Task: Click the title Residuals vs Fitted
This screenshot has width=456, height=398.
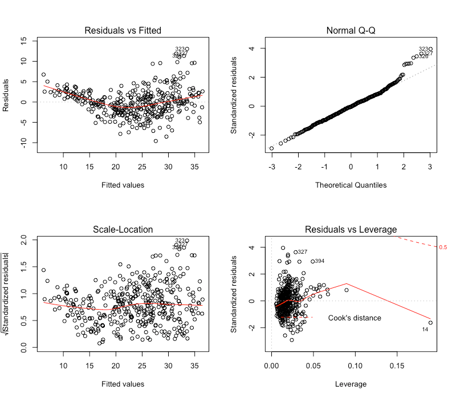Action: (123, 30)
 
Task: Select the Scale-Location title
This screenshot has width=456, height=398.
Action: (123, 229)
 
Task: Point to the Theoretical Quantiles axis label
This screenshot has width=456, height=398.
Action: (351, 184)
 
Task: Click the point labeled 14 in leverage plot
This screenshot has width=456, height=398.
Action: (430, 323)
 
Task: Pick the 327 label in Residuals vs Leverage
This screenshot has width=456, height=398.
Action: (303, 251)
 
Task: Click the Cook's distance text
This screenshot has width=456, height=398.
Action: (355, 318)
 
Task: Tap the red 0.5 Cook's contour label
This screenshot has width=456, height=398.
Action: (443, 247)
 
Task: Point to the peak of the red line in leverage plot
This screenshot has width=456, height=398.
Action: (347, 283)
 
